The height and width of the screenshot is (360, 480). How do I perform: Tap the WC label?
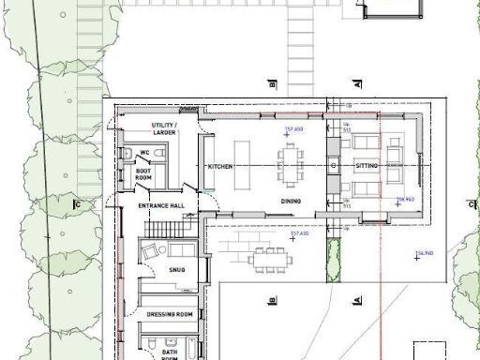coord(144,153)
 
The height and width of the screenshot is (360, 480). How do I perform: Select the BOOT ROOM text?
coord(143,172)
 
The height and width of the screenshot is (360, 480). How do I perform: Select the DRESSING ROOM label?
coord(170,314)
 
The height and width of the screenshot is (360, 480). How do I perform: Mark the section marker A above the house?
coord(358,84)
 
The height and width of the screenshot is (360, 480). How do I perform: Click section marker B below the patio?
coord(272,300)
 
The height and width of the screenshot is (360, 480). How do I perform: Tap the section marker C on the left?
coord(79,203)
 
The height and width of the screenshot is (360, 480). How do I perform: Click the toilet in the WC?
coord(127,154)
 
